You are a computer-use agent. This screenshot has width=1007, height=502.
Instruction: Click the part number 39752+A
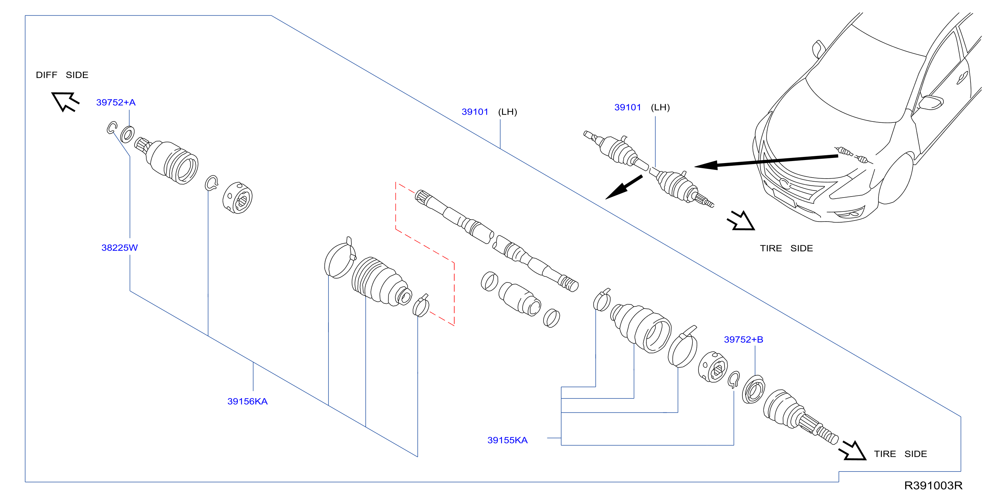pyautogui.click(x=116, y=102)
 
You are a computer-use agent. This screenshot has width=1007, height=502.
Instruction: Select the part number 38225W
pyautogui.click(x=120, y=248)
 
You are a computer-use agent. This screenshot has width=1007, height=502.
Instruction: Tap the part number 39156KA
pyautogui.click(x=248, y=401)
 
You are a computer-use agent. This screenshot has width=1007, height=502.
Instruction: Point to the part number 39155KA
pyautogui.click(x=507, y=440)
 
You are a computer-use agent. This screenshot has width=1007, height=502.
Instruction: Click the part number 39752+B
pyautogui.click(x=743, y=339)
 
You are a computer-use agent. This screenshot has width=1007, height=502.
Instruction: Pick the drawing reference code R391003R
pyautogui.click(x=933, y=485)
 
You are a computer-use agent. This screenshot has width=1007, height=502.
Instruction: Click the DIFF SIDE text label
pyautogui.click(x=62, y=75)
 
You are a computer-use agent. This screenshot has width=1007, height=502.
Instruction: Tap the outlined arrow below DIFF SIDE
pyautogui.click(x=65, y=101)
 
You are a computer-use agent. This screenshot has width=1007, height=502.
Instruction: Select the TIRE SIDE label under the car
pyautogui.click(x=786, y=248)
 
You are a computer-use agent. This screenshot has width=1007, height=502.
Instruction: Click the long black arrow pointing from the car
pyautogui.click(x=766, y=161)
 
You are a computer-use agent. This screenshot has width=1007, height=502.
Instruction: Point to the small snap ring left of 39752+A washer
pyautogui.click(x=112, y=128)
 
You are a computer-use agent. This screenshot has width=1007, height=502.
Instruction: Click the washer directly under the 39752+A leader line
pyautogui.click(x=128, y=135)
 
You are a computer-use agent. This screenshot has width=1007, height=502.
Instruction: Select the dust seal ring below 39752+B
pyautogui.click(x=753, y=389)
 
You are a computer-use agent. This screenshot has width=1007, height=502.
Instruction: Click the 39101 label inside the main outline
pyautogui.click(x=475, y=112)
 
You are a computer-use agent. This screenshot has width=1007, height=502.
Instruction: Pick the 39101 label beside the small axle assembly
pyautogui.click(x=627, y=107)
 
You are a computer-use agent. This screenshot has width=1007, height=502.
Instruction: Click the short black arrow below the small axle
pyautogui.click(x=624, y=187)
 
